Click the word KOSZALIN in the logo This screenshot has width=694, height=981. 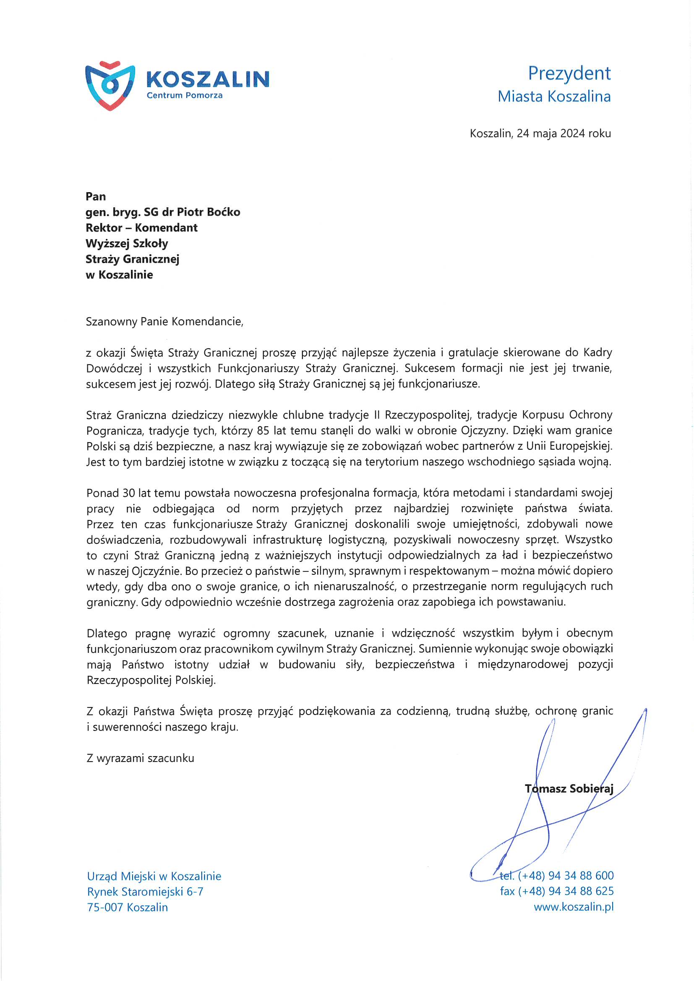coord(208,79)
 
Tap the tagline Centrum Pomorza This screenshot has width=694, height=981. coord(185,95)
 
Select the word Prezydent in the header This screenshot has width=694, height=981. coord(569,73)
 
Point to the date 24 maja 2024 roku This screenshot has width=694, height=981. coord(564,133)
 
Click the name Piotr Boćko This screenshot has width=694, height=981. coord(209,212)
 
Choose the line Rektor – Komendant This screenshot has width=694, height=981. coord(141,228)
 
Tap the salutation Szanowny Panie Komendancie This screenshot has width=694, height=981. coord(164,321)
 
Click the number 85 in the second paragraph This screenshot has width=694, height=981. coord(263,430)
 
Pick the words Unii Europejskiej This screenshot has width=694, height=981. coord(569,446)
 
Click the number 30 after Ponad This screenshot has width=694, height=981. coord(129,493)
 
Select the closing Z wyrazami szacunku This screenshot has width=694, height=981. coord(140,758)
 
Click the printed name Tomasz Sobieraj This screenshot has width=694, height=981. coord(569,788)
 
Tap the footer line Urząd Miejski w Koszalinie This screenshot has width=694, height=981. coord(154,876)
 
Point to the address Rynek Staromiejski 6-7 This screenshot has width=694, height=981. coord(145,892)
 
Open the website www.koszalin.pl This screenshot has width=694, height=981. coord(574,907)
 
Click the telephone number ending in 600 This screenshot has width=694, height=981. coord(565,875)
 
